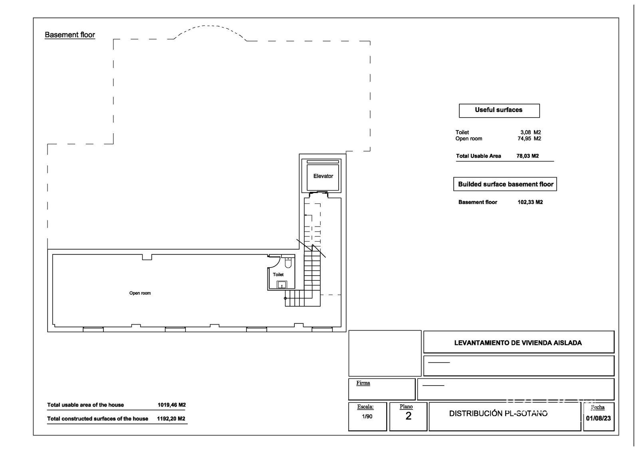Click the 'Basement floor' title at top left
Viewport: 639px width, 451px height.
click(x=70, y=35)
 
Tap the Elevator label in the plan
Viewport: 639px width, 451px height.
click(x=323, y=176)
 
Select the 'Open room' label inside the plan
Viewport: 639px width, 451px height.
click(x=140, y=293)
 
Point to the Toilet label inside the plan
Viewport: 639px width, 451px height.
click(x=278, y=275)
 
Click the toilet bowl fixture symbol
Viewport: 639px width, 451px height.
click(x=288, y=263)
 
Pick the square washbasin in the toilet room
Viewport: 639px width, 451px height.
click(x=282, y=284)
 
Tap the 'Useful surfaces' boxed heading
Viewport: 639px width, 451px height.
click(x=499, y=110)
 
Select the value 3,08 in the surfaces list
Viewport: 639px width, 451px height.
click(x=526, y=132)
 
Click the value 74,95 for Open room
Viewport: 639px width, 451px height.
click(x=524, y=139)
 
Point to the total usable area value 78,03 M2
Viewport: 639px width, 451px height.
click(x=528, y=156)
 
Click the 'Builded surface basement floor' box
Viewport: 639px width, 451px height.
click(x=505, y=184)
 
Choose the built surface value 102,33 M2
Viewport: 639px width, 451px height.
click(x=530, y=202)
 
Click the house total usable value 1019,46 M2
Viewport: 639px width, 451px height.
click(x=172, y=405)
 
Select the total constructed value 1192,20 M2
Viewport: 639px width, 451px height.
click(x=171, y=419)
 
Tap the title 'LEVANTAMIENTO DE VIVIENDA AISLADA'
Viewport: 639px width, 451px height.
click(x=518, y=343)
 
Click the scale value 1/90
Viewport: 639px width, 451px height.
click(x=367, y=417)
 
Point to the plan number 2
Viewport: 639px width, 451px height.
click(x=408, y=416)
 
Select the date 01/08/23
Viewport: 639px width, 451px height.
click(x=599, y=418)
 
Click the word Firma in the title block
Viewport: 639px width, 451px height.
click(x=363, y=383)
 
